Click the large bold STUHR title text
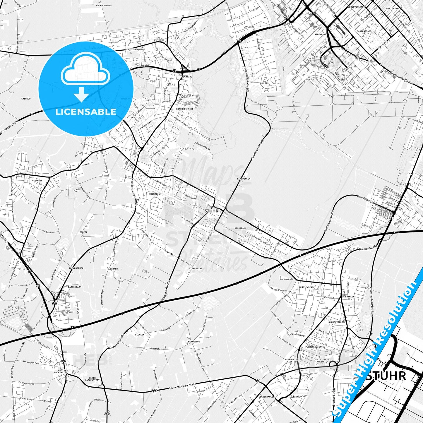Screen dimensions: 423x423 click(x=386, y=376)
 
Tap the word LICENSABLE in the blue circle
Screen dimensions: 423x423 click(x=86, y=112)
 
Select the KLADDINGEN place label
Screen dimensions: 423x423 click(x=244, y=179)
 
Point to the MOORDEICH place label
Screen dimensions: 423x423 click(x=155, y=194)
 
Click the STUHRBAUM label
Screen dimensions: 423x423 click(x=240, y=228)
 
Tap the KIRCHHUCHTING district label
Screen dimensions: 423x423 click(x=185, y=109)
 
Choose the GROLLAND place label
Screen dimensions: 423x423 click(x=249, y=27)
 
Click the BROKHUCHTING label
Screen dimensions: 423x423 click(x=104, y=5)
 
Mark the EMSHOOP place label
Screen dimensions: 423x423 click(x=26, y=99)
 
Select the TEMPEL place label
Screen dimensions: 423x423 click(x=83, y=232)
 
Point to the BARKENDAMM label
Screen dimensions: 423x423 click(x=75, y=287)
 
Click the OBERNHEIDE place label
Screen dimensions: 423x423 click(x=193, y=342)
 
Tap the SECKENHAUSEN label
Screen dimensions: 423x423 click(x=266, y=397)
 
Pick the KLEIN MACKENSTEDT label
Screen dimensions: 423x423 click(x=92, y=379)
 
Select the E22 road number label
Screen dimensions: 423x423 click(x=73, y=327)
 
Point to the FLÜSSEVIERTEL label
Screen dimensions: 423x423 click(x=307, y=287)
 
